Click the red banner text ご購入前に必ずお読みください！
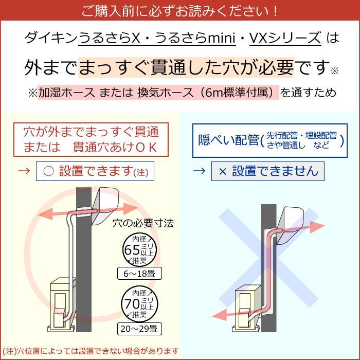[179, 10]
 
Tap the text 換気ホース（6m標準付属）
[208, 93]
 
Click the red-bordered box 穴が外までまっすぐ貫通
[91, 139]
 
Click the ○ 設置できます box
[95, 172]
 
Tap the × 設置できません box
[267, 171]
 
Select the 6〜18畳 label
[139, 273]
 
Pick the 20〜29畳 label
[139, 328]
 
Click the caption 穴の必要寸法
[143, 223]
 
